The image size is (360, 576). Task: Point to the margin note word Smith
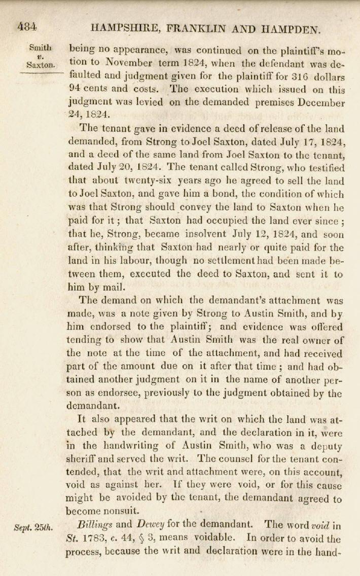pyautogui.click(x=41, y=48)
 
